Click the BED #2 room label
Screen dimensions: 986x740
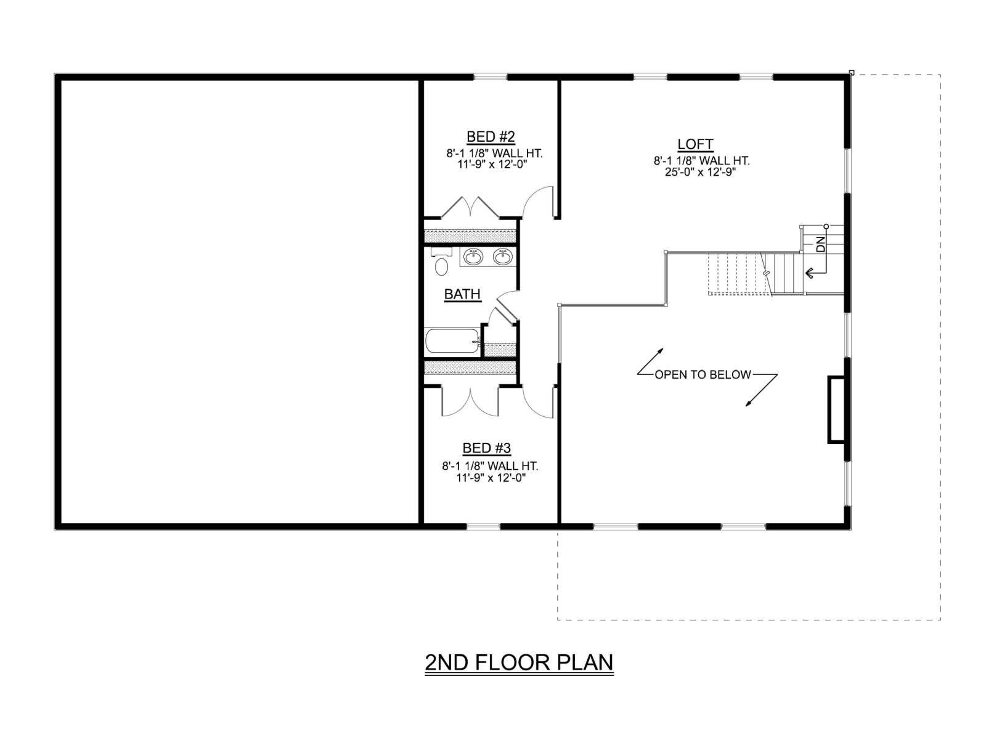[x=491, y=136]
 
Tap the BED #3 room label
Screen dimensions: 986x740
[x=486, y=448]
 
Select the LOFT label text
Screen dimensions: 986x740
[x=695, y=144]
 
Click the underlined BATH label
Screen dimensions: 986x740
[x=463, y=294]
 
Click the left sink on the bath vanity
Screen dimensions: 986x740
[x=473, y=257]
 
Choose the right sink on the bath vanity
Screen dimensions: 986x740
[x=502, y=257]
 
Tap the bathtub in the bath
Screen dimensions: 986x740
[x=453, y=340]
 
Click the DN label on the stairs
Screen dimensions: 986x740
[x=821, y=244]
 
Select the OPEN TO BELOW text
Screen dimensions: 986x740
[x=703, y=374]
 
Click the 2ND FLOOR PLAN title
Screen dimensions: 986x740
[x=519, y=663]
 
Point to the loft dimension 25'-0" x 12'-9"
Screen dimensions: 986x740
[x=701, y=172]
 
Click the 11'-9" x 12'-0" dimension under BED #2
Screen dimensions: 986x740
[x=492, y=165]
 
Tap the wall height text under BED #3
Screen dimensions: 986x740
[x=490, y=466]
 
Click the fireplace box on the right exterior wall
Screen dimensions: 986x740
[x=836, y=409]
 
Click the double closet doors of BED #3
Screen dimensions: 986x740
[x=470, y=401]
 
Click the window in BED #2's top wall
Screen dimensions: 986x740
[x=491, y=77]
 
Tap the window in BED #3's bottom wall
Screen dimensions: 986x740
[x=483, y=526]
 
